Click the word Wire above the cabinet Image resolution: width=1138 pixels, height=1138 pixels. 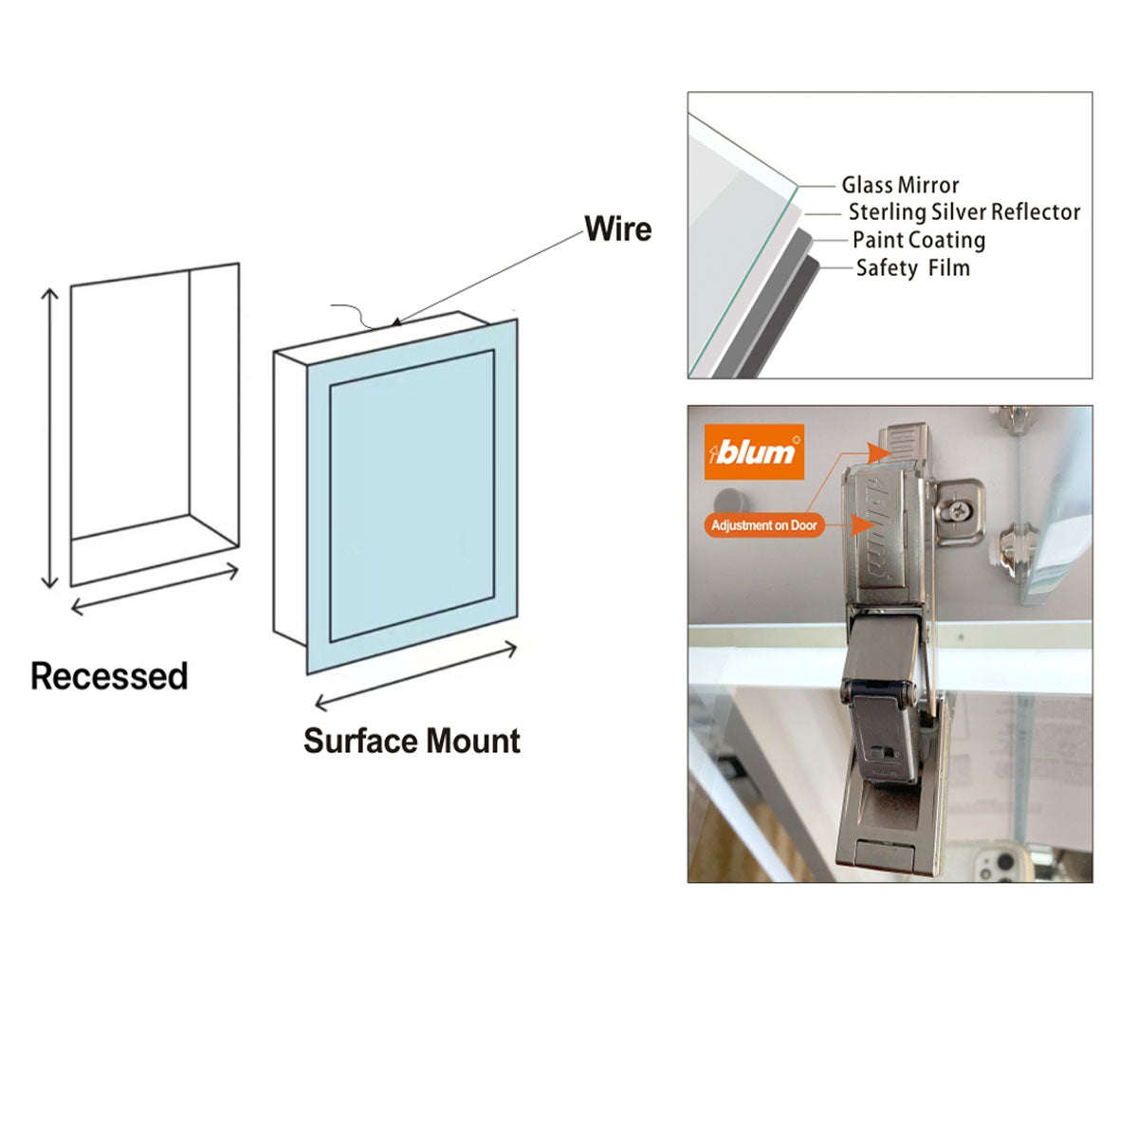click(x=617, y=229)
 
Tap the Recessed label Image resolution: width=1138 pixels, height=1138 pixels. click(x=109, y=676)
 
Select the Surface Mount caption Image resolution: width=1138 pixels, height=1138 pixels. click(x=412, y=741)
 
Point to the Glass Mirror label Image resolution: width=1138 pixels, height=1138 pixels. click(x=900, y=185)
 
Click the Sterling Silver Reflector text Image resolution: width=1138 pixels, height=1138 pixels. click(x=964, y=212)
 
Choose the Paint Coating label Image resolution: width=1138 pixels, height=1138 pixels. click(x=918, y=240)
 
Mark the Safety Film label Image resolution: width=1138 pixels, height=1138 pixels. click(x=912, y=268)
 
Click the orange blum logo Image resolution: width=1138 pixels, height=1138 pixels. click(x=754, y=451)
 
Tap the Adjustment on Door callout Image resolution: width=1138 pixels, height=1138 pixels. click(x=763, y=524)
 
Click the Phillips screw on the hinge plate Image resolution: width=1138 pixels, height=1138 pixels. click(x=959, y=511)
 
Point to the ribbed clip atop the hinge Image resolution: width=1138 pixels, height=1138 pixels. click(x=904, y=440)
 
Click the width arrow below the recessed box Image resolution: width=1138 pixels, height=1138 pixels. click(x=155, y=589)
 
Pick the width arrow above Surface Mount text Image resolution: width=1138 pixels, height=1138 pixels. click(x=415, y=675)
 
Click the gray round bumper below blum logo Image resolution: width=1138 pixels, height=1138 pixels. click(x=729, y=501)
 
